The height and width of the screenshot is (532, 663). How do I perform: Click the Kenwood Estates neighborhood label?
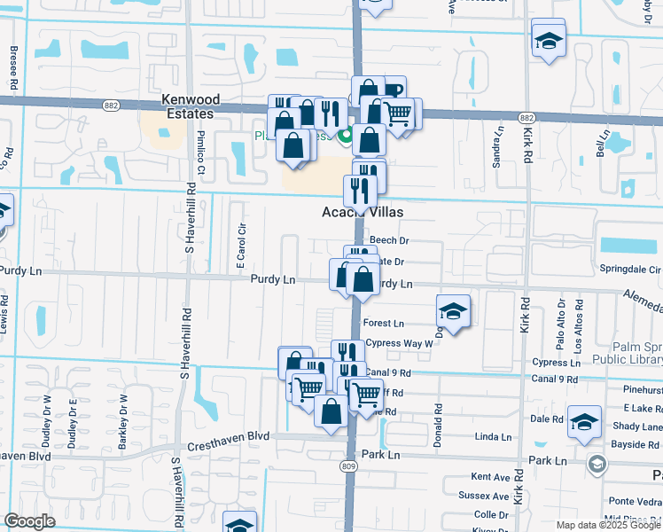pos(187,107)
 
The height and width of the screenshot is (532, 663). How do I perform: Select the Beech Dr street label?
pos(389,240)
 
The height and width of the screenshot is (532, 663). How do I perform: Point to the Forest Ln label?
pos(383,325)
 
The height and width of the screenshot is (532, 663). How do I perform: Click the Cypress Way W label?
pos(398,343)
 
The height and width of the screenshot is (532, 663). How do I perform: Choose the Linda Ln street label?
pos(494,437)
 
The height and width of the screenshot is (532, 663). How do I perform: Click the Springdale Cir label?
pos(630,269)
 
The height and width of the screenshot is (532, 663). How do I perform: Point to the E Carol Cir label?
pos(239,246)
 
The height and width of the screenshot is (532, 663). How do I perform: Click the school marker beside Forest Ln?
pos(453,311)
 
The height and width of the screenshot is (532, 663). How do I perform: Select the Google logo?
pos(29,521)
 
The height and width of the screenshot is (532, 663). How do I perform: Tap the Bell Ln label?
pos(604,143)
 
